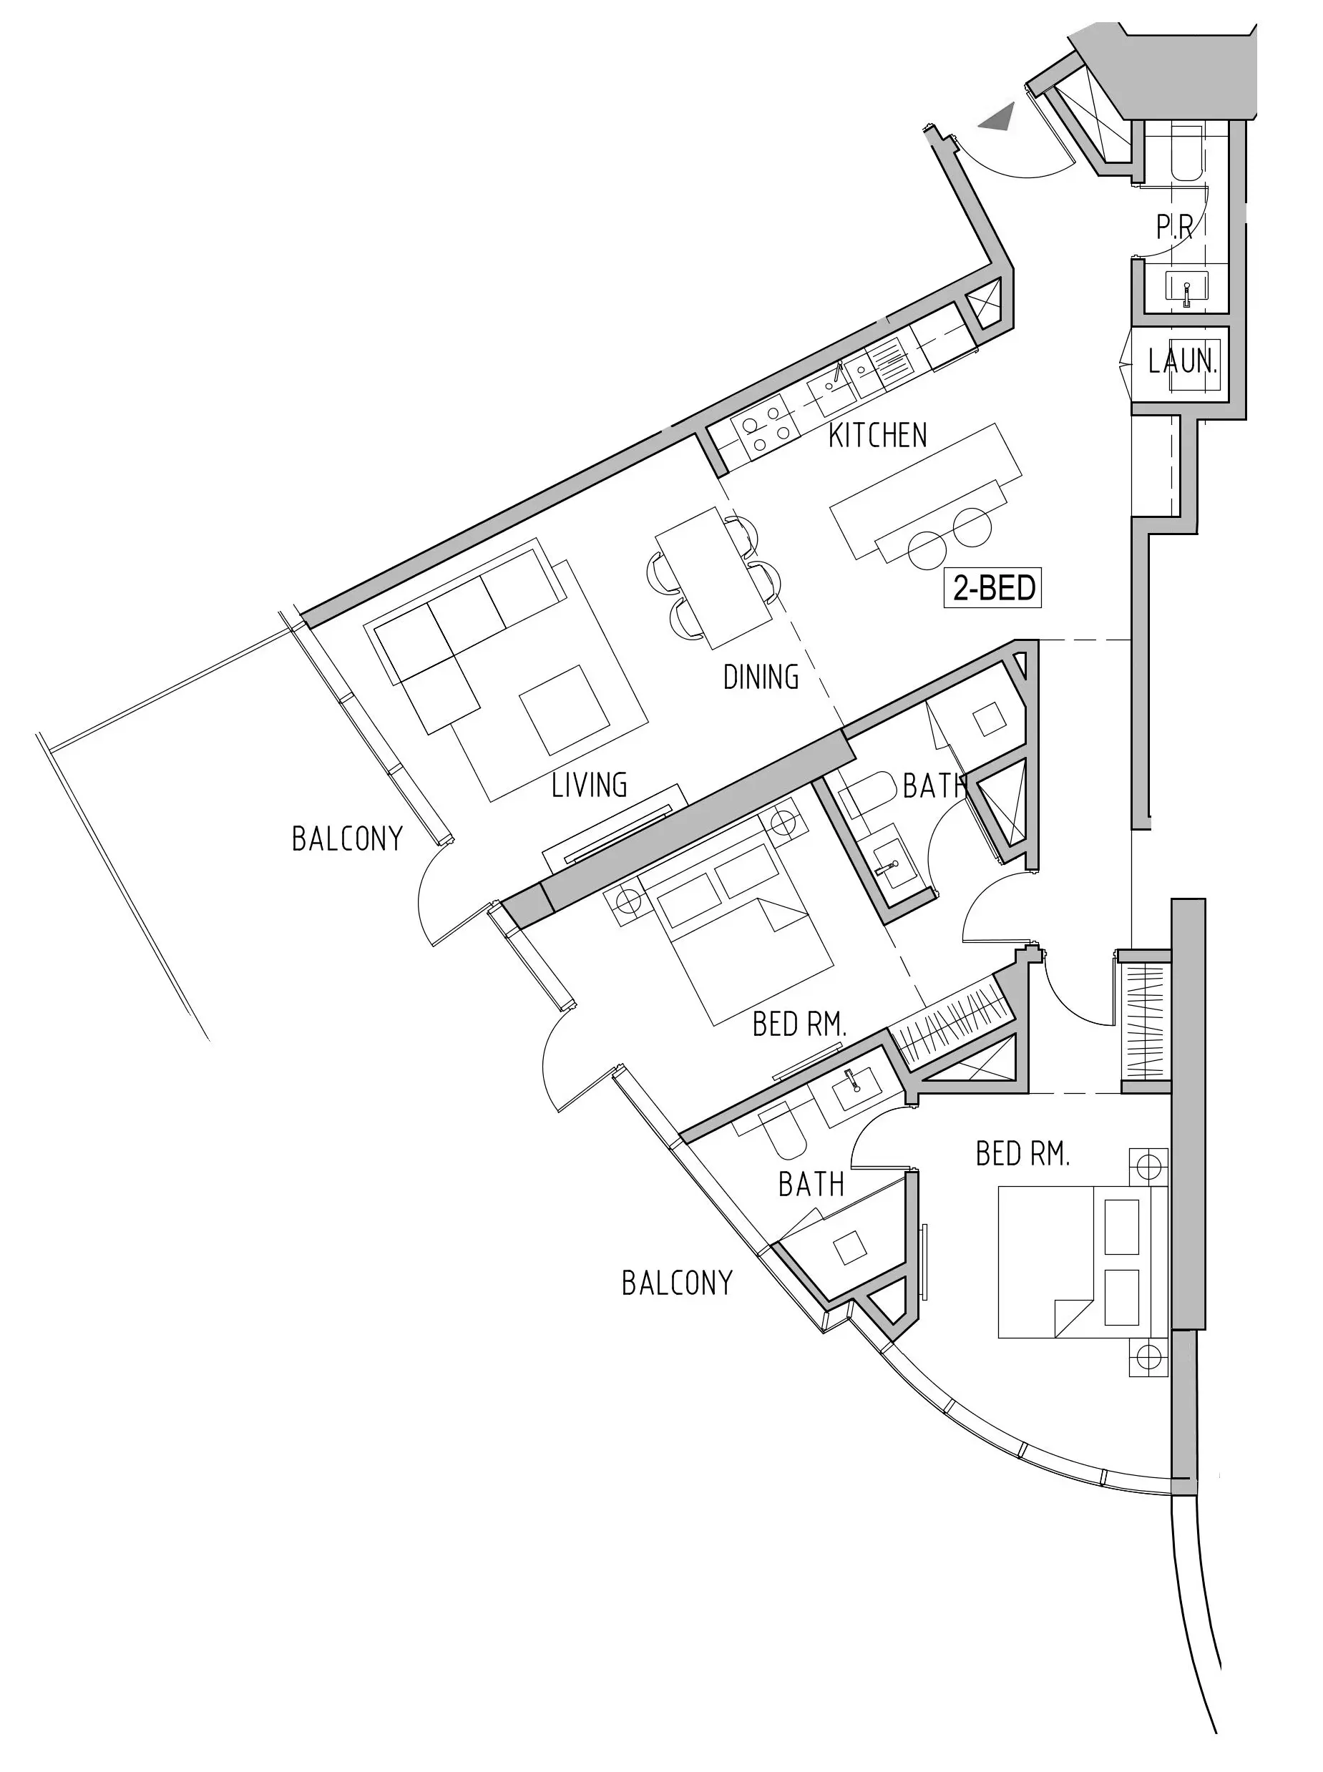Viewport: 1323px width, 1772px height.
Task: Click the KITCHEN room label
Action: tap(878, 436)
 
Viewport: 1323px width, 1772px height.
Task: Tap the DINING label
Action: tap(761, 677)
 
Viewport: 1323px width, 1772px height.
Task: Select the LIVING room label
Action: tap(590, 785)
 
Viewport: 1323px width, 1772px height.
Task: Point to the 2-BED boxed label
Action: tap(993, 588)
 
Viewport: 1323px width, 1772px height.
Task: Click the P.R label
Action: tap(1175, 227)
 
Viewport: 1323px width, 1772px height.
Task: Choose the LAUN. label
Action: tap(1183, 362)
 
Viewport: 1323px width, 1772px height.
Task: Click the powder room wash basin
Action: tap(1186, 288)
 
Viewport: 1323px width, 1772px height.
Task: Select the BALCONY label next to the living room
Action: tap(347, 839)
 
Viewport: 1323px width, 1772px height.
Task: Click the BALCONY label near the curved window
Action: tap(678, 1283)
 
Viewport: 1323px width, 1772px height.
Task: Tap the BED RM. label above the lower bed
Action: tap(1022, 1154)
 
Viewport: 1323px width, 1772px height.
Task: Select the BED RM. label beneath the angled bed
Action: tap(799, 1024)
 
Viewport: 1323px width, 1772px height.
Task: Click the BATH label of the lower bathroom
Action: tap(811, 1184)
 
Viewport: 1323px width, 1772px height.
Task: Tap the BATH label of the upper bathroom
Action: tap(934, 786)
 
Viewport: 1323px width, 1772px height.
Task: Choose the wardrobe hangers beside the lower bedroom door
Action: tap(1147, 1021)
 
